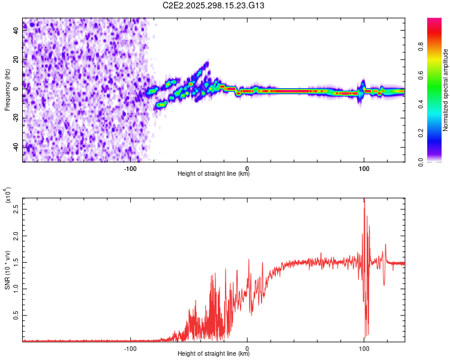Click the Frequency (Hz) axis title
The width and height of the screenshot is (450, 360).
pos(7,90)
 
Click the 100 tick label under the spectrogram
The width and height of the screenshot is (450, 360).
pos(364,169)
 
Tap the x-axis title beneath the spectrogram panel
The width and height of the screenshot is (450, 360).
pos(214,174)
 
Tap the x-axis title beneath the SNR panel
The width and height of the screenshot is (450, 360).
pos(214,353)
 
